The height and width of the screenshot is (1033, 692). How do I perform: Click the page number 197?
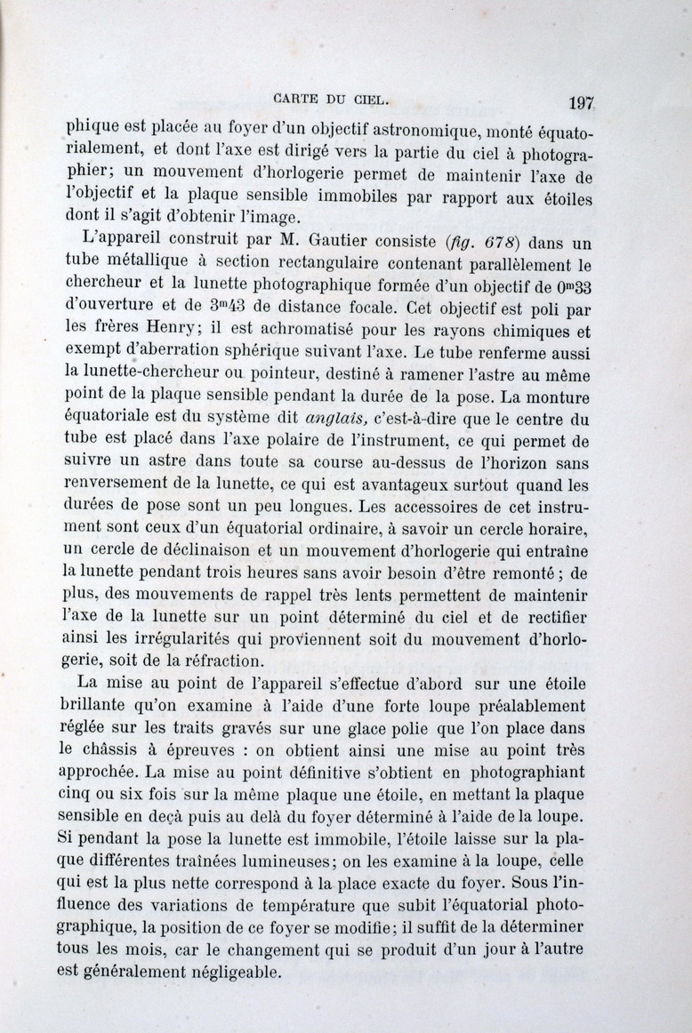point(580,102)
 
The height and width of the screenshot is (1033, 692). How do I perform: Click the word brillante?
point(104,706)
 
